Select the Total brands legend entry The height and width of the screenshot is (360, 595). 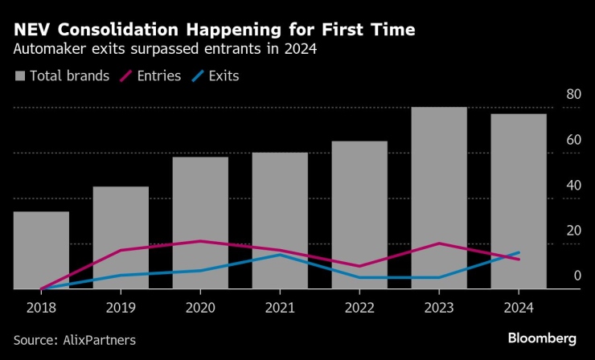68,76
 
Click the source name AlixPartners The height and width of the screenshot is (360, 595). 100,340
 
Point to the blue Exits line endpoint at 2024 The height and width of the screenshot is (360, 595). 519,253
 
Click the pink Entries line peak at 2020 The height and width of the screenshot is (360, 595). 200,241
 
